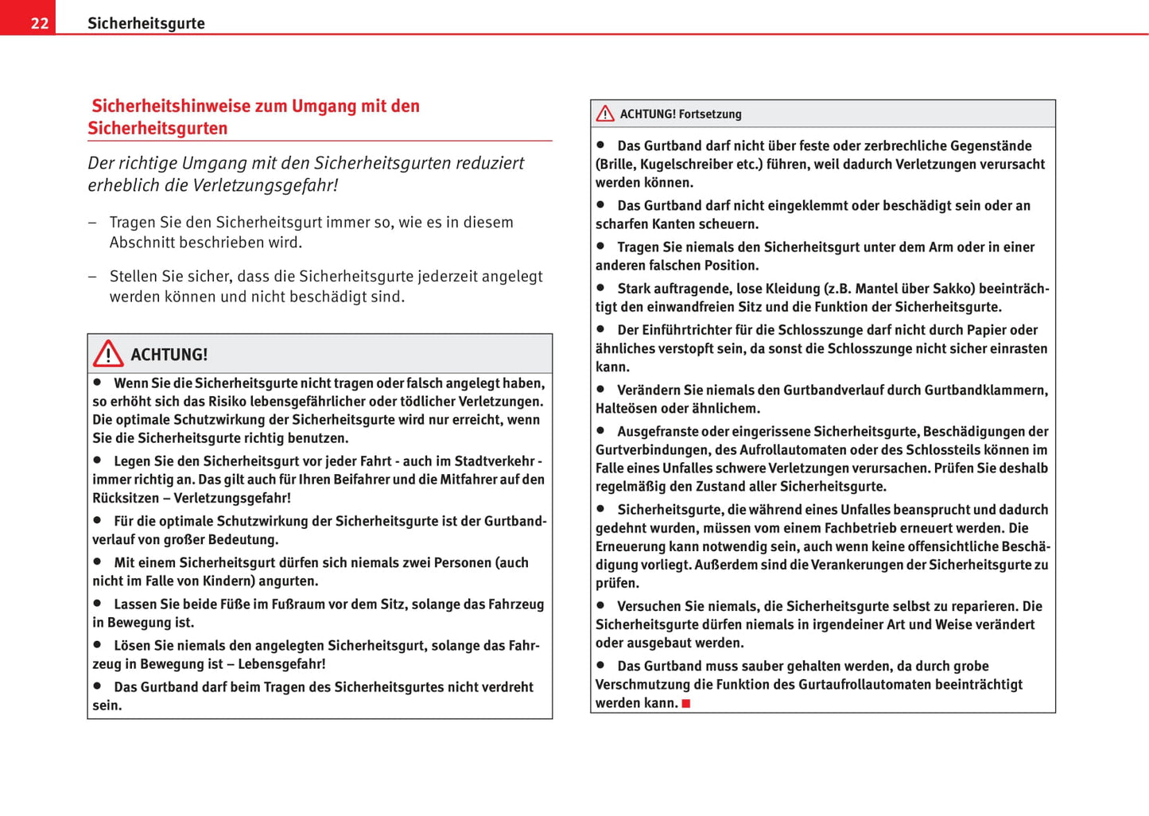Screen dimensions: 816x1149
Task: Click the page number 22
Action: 40,23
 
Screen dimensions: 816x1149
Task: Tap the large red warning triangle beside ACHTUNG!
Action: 107,353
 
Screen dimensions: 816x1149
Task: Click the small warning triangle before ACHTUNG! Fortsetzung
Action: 605,114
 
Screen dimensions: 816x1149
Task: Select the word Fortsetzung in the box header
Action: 710,115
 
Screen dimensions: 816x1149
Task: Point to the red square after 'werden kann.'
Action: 686,703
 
